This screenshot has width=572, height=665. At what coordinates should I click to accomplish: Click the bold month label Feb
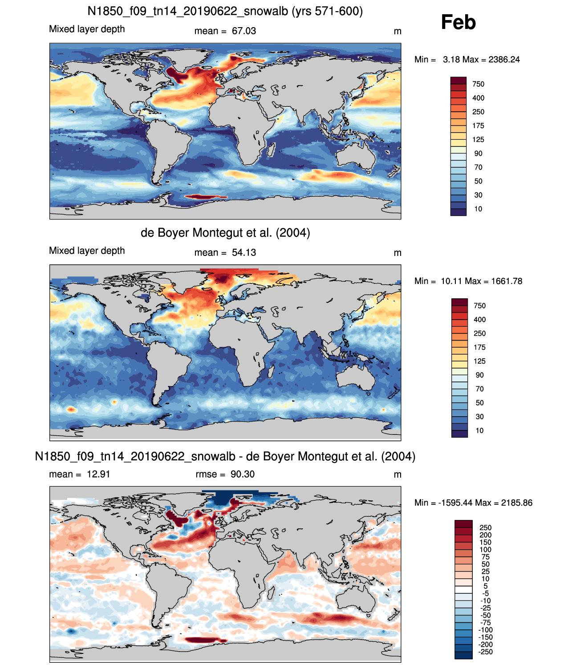(x=458, y=22)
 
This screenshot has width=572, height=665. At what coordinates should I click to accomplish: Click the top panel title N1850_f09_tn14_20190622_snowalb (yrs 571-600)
(x=225, y=11)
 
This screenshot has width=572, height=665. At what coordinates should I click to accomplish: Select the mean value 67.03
(x=244, y=31)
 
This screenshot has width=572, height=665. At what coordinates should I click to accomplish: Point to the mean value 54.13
(x=244, y=252)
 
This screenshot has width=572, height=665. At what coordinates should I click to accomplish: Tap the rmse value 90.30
(x=242, y=474)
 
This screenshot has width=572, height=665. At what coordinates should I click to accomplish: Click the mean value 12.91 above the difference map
(x=98, y=474)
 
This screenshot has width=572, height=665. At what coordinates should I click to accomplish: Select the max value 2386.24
(x=504, y=60)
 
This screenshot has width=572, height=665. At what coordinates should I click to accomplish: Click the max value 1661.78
(x=507, y=281)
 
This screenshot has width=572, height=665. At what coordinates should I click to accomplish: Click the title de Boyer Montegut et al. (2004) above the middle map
(x=225, y=233)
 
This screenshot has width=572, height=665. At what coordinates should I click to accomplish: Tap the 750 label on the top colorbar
(x=478, y=84)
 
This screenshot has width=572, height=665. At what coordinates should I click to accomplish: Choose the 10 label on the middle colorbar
(x=479, y=431)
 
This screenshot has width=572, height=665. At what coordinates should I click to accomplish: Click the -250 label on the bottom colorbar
(x=486, y=652)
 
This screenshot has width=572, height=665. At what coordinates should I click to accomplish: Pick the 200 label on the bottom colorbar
(x=486, y=535)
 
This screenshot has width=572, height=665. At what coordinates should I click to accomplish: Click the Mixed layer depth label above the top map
(x=87, y=29)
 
